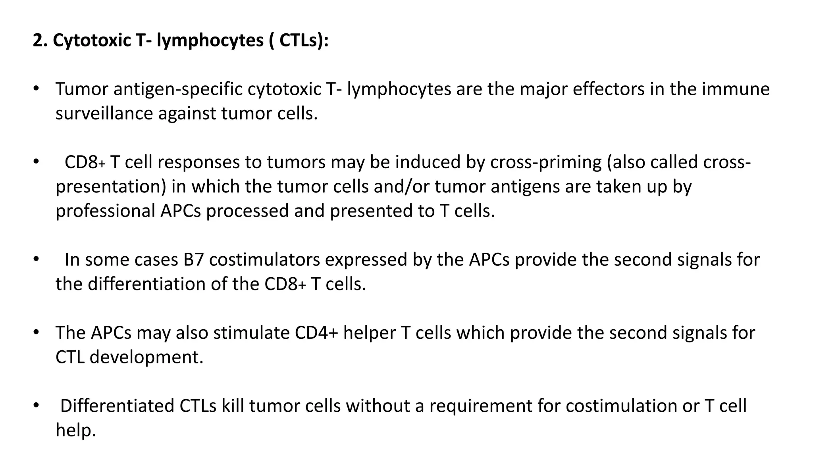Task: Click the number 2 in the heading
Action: (37, 40)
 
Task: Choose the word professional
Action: (105, 211)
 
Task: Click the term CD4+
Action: (316, 333)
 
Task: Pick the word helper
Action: (370, 333)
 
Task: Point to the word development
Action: (146, 357)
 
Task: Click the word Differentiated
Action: (117, 406)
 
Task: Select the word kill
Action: (233, 406)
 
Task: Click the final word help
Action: (75, 430)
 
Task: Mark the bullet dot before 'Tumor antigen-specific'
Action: (36, 88)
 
